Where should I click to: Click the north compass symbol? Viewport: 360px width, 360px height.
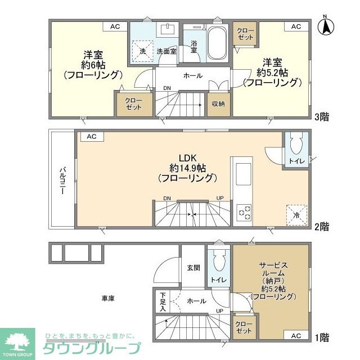click(326, 26)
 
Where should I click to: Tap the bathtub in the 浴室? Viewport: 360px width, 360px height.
click(217, 44)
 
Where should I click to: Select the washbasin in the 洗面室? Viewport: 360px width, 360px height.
click(168, 29)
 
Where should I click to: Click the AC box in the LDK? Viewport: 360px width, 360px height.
click(92, 137)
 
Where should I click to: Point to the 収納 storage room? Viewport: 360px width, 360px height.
click(219, 104)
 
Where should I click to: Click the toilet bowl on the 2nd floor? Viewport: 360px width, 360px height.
click(296, 145)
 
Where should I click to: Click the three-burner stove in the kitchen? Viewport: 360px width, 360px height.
click(244, 213)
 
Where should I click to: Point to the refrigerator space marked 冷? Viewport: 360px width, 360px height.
click(296, 215)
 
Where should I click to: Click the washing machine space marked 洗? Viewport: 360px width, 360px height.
click(142, 51)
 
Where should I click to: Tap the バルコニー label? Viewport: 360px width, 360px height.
click(62, 181)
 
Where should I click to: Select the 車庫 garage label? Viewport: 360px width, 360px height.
click(108, 298)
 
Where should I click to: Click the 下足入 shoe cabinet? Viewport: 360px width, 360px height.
click(163, 301)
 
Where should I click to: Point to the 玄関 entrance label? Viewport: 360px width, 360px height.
click(193, 268)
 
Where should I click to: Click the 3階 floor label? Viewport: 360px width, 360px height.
click(321, 117)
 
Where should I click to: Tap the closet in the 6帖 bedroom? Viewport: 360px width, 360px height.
click(134, 104)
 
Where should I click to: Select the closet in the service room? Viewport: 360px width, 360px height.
click(244, 327)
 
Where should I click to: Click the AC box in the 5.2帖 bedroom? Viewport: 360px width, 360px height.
click(296, 26)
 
